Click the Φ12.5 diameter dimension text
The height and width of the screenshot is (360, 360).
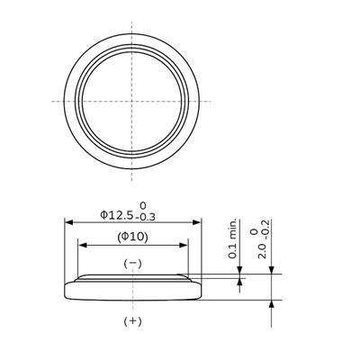coord(116,215)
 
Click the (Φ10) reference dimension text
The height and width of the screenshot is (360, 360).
coord(131,237)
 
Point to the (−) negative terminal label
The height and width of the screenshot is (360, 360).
coord(131,263)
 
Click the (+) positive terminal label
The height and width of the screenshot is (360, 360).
coord(131,319)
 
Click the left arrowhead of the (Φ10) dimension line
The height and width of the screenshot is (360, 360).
coord(82,246)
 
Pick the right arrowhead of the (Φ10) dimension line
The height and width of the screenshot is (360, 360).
coord(185,246)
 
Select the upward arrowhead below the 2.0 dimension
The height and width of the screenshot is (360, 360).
coord(271,304)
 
